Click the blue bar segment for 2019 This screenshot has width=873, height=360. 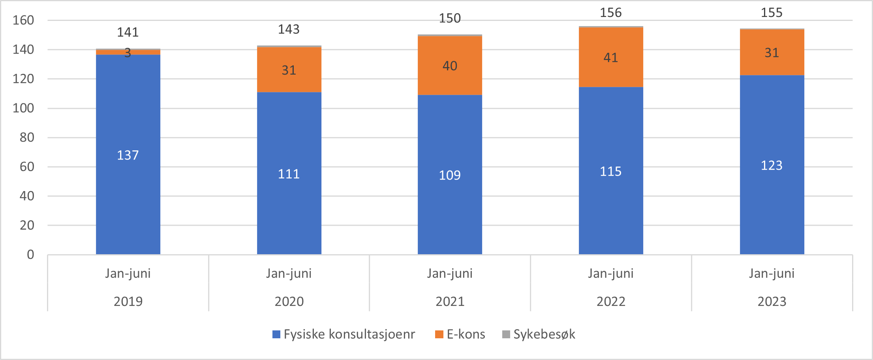[x=128, y=154]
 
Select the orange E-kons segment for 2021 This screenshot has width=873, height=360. [x=450, y=66]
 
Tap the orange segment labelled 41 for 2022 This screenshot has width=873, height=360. [x=610, y=58]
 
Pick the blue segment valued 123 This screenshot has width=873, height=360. [x=772, y=165]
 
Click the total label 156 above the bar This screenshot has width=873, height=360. [x=610, y=13]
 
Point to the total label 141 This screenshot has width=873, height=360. [x=128, y=32]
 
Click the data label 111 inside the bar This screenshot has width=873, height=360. [x=289, y=174]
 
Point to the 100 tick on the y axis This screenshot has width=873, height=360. [x=23, y=108]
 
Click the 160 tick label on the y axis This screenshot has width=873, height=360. [x=23, y=20]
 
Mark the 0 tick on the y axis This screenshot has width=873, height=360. [x=30, y=255]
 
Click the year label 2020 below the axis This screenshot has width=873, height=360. [x=289, y=301]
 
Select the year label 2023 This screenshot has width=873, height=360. [x=772, y=301]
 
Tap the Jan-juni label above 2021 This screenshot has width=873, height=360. [x=450, y=273]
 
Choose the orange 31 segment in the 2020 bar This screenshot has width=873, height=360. [x=289, y=70]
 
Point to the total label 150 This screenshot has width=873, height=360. [x=450, y=18]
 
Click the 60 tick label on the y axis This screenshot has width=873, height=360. [x=27, y=167]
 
